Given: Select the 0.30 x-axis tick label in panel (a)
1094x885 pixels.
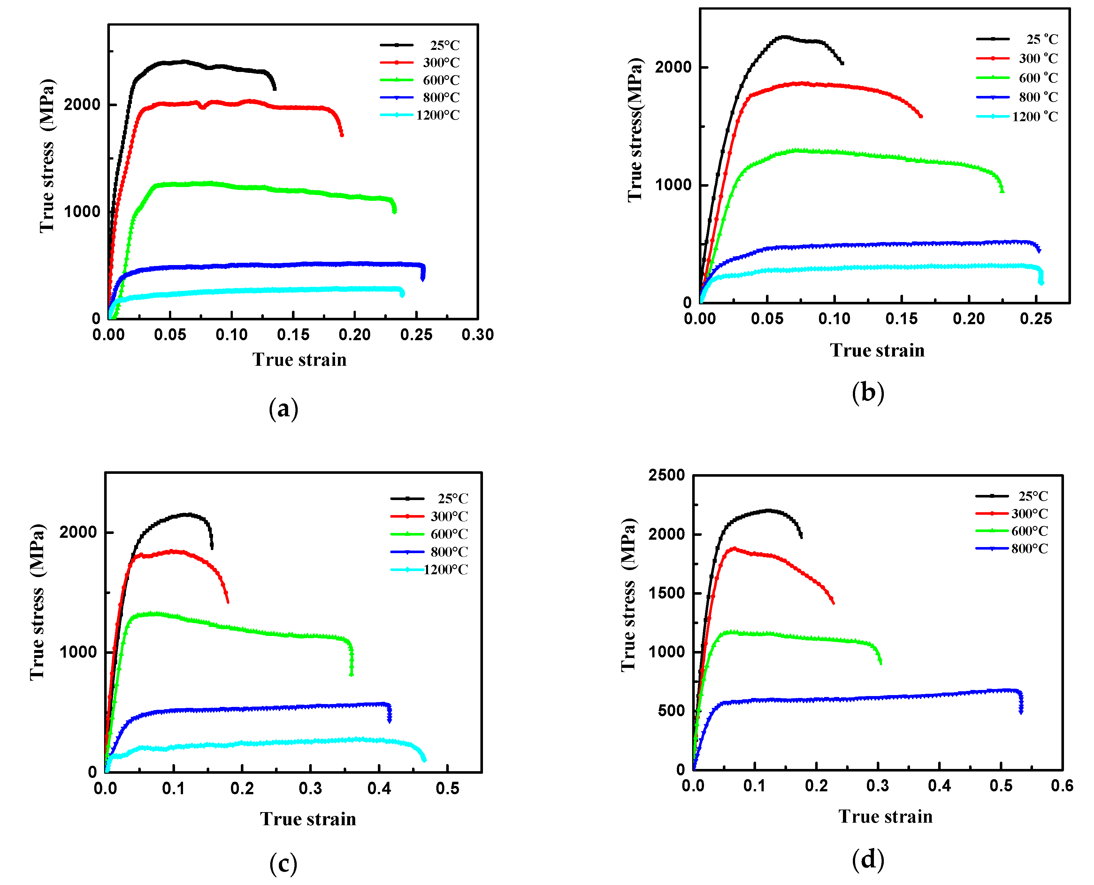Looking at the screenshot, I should (x=477, y=335).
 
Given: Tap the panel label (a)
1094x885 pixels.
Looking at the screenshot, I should (x=283, y=409).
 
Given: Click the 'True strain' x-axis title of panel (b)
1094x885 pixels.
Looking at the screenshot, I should (x=877, y=350).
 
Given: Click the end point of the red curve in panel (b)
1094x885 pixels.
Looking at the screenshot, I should (x=920, y=116).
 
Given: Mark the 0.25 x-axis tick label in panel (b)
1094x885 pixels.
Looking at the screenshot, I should (x=1036, y=319).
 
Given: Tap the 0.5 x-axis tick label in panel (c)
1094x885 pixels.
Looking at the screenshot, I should (x=447, y=789).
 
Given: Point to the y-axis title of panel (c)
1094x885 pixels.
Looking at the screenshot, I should (x=37, y=601).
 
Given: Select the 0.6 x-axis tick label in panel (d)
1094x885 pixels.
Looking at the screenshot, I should (x=1062, y=786).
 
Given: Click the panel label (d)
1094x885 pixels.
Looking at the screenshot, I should (x=868, y=859).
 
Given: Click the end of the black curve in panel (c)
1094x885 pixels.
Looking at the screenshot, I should (x=212, y=547).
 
